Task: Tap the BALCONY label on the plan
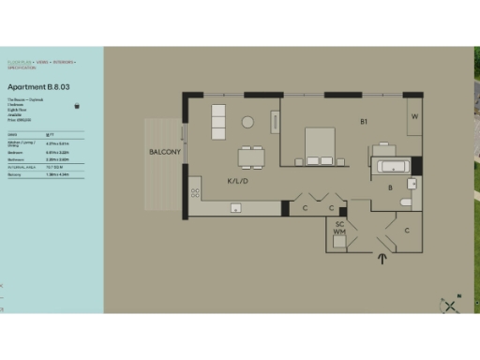click(165, 152)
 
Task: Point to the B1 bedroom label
click(364, 122)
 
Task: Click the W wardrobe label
click(412, 118)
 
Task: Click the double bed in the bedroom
click(324, 146)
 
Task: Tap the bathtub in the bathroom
click(391, 168)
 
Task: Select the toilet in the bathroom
click(406, 202)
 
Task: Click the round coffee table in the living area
click(248, 122)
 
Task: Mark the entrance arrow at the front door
click(382, 260)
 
